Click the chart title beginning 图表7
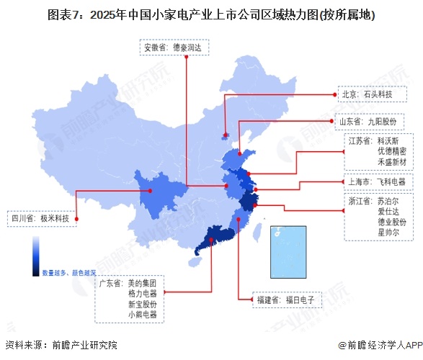click(x=211, y=14)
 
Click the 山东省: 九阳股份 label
click(x=373, y=121)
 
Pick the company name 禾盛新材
click(x=390, y=163)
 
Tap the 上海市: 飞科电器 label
click(x=375, y=181)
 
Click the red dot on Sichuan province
click(x=150, y=191)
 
